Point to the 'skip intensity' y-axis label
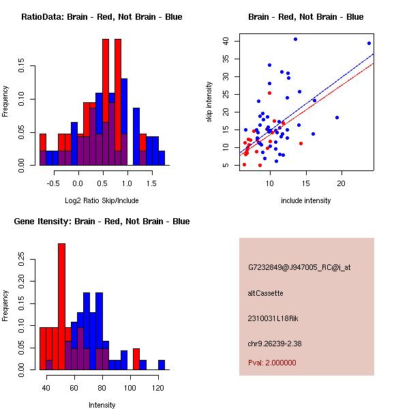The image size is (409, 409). [x=210, y=102]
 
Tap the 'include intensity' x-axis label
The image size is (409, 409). [x=306, y=201]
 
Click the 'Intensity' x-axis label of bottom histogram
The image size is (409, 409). [x=102, y=405]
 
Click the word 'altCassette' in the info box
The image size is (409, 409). [x=265, y=293]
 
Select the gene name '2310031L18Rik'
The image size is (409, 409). [x=271, y=318]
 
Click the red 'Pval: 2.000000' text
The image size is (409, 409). [x=272, y=363]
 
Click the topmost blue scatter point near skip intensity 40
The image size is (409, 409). [x=295, y=40]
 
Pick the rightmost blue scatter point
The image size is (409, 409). [x=369, y=44]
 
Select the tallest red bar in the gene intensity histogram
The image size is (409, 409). [x=62, y=307]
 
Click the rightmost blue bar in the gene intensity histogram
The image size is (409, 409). [x=162, y=365]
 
